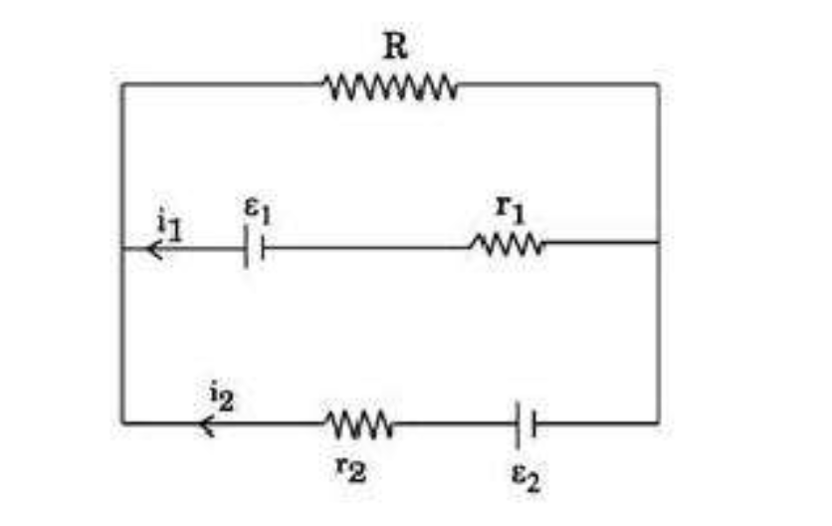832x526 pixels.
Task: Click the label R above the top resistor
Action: coord(396,46)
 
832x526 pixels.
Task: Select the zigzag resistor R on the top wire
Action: coord(390,86)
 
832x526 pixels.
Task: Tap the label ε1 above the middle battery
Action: coord(258,210)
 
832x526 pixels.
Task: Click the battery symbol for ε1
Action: coord(254,247)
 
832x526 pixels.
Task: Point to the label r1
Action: coord(510,209)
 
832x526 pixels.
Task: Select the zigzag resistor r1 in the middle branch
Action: coord(508,245)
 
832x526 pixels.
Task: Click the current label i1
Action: coord(169,226)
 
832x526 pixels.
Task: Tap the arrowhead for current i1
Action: coord(155,249)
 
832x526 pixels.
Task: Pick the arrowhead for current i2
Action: coord(207,424)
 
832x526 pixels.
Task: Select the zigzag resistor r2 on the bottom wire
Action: coord(359,424)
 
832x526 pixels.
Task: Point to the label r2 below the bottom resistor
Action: coord(350,468)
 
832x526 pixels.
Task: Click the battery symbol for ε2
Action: coord(525,424)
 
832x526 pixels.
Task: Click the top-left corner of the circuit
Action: coord(122,84)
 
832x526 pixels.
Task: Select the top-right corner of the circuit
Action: coord(658,84)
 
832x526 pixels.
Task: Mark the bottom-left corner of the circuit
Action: coord(122,423)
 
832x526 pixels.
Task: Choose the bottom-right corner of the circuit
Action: coord(658,423)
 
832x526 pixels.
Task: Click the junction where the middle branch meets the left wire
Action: coord(122,249)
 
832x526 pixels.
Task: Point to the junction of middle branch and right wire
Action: coord(658,242)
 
